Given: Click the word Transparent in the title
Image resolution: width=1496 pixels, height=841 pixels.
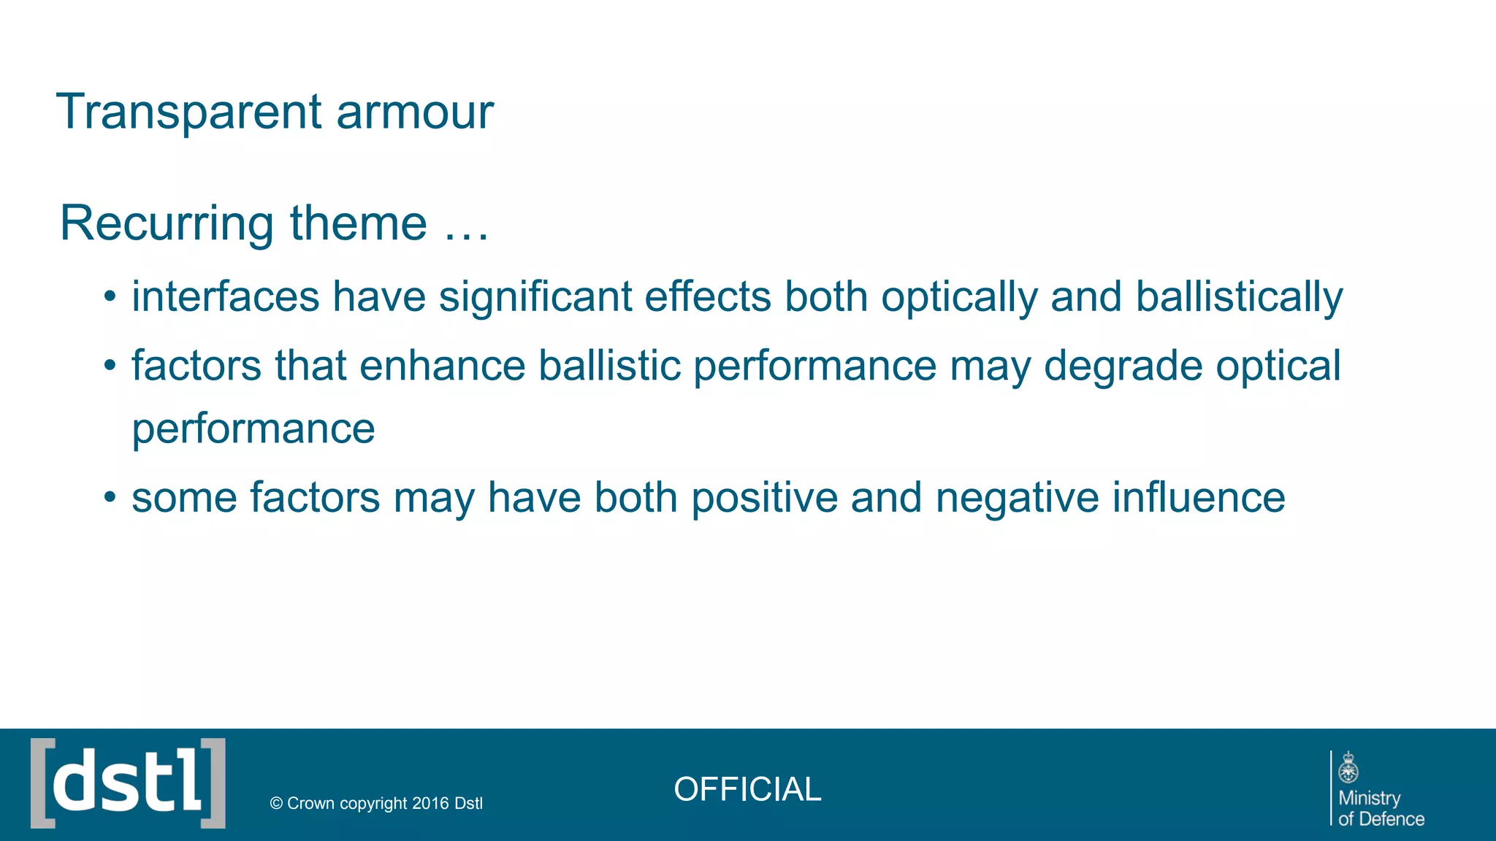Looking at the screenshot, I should [188, 112].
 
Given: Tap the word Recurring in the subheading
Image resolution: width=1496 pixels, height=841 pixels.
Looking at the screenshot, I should [167, 223].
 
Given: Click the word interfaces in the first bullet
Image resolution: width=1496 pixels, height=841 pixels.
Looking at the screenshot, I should [226, 297].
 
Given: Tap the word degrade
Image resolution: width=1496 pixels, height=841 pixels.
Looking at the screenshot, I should [1123, 367].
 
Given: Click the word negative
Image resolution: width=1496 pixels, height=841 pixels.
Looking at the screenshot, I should [1017, 499].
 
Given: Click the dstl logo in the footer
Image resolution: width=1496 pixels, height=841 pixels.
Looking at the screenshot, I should [129, 783].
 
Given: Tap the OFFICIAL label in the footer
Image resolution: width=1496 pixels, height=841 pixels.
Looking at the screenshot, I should [747, 790].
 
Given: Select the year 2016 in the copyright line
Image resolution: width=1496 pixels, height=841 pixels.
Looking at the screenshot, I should [430, 804].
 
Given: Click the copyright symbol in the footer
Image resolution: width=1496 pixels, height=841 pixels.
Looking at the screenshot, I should [276, 804].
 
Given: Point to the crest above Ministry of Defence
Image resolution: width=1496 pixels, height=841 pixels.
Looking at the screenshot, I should [1348, 767].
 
